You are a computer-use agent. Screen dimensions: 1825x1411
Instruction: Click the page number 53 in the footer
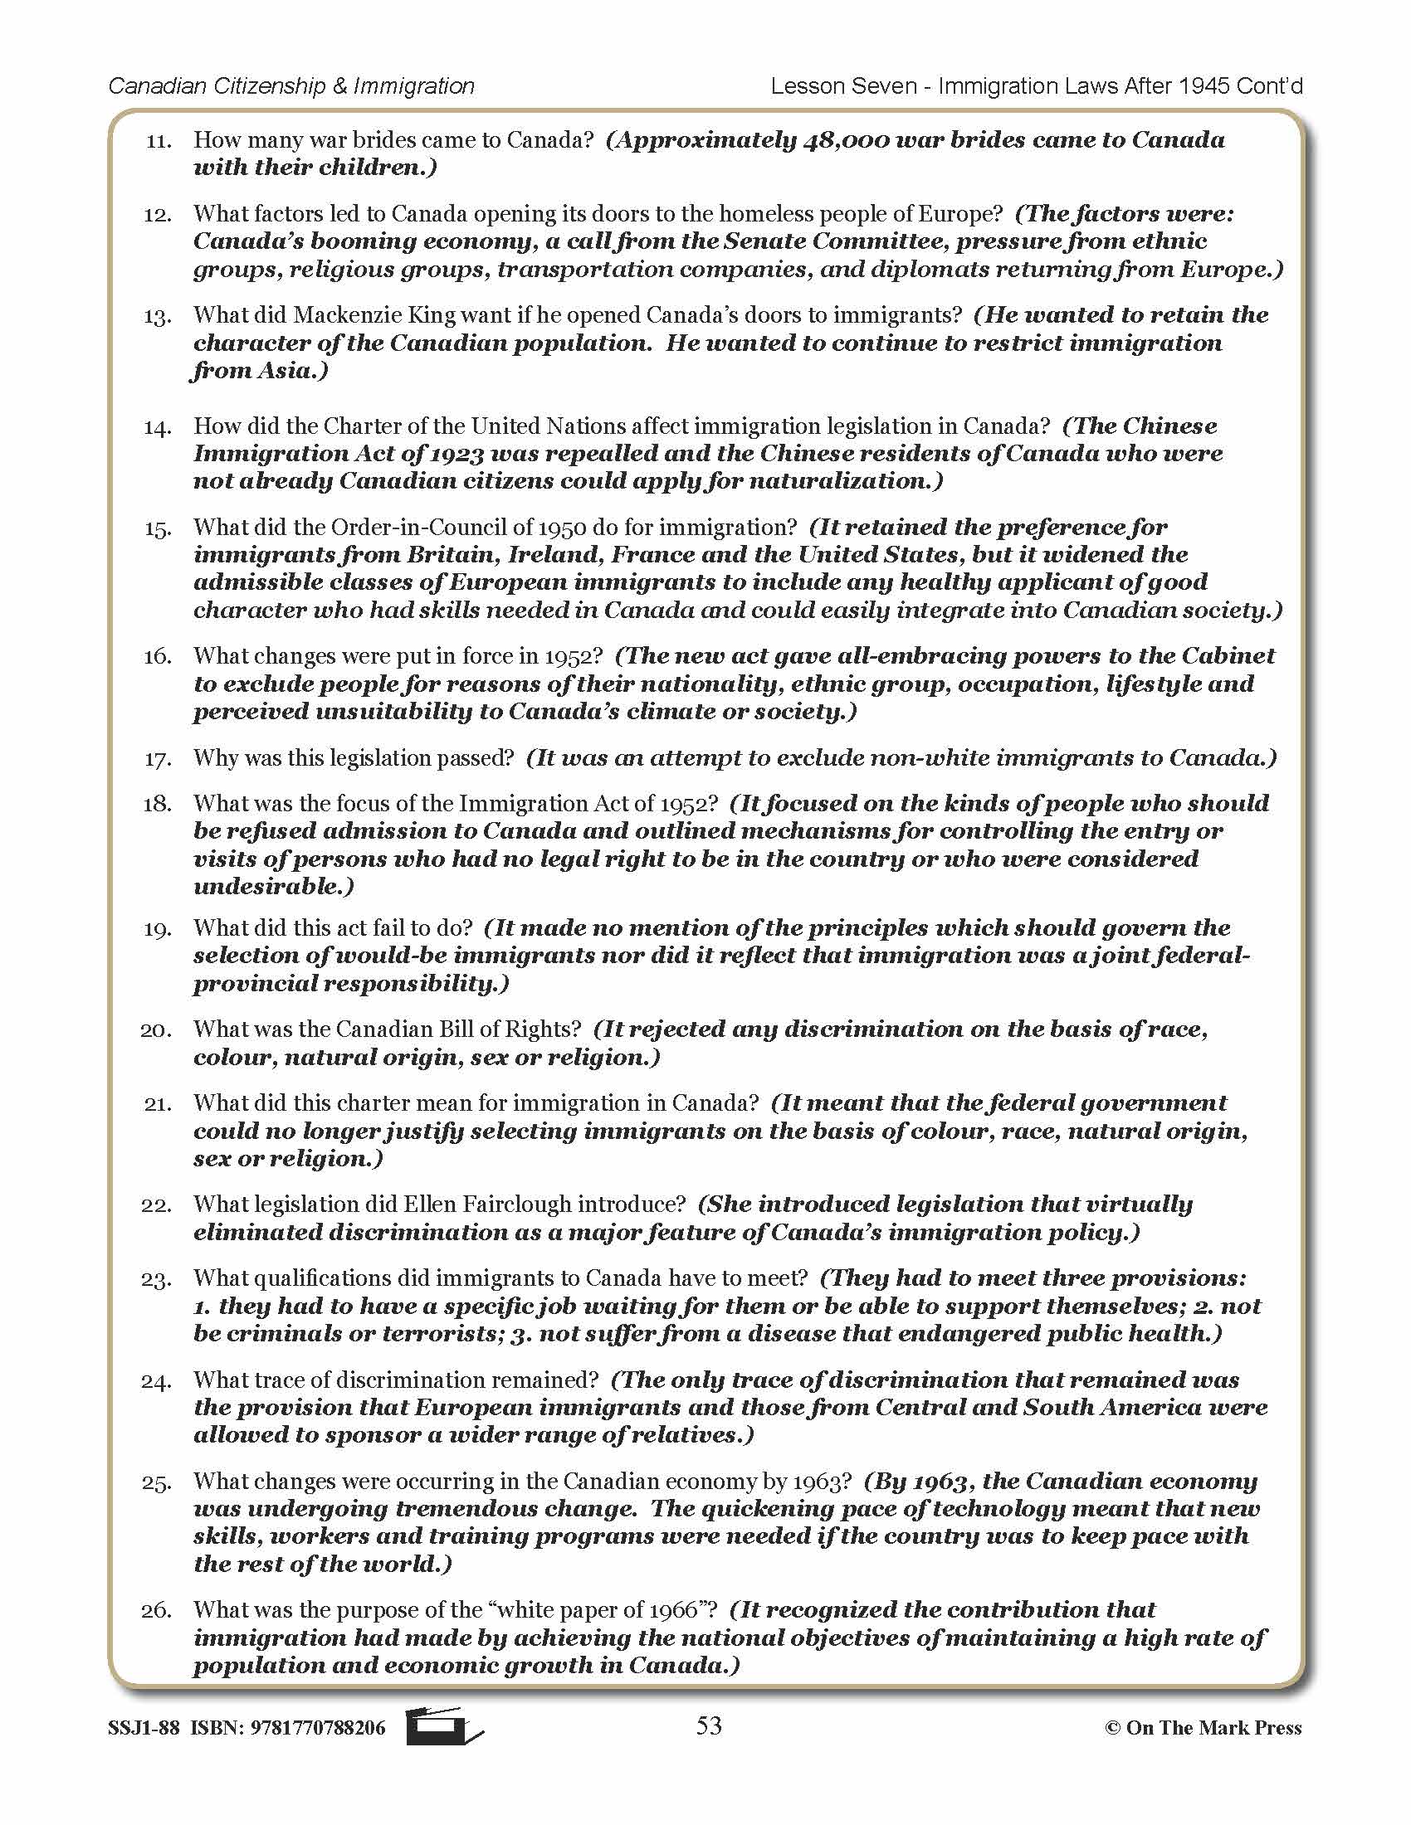tap(708, 1725)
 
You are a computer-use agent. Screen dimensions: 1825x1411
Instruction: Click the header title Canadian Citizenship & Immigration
tap(291, 86)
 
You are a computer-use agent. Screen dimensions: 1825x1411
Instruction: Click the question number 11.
tap(158, 141)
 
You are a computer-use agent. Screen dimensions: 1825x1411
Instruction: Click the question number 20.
tap(156, 1030)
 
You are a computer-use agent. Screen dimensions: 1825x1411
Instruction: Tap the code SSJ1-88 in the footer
tap(143, 1728)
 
